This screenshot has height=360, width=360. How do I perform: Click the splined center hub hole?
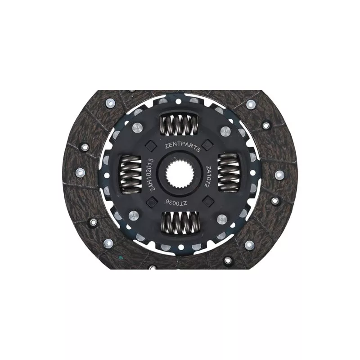179,174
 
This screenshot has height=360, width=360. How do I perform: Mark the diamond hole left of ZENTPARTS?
150,145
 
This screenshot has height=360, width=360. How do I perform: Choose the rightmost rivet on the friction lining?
279,174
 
